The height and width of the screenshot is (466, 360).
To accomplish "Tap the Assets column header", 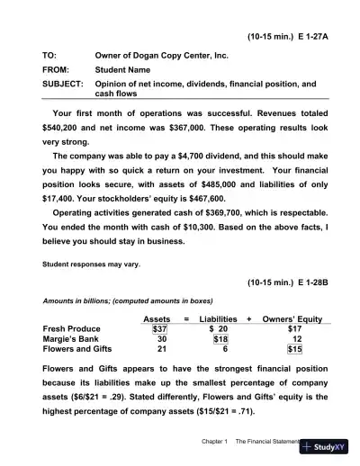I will (158, 318).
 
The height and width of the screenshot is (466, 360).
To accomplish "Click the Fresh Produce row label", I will (72, 329).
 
